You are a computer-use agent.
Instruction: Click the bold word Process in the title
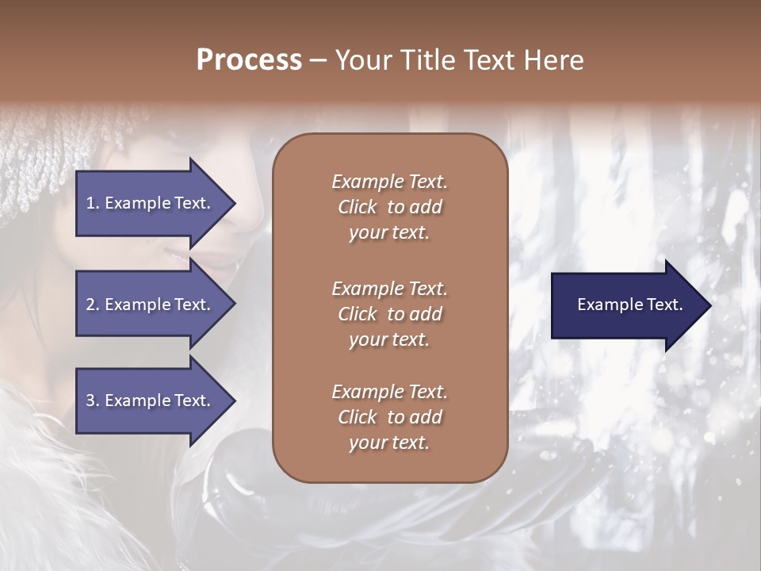pos(249,60)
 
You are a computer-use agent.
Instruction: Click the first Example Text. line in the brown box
pos(389,182)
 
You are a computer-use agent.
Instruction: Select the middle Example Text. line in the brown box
pos(389,289)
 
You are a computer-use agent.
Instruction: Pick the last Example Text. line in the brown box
pos(389,392)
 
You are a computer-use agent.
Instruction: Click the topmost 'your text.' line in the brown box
pos(389,233)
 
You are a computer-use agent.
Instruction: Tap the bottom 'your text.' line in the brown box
pos(389,443)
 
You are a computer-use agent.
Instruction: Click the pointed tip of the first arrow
pos(233,204)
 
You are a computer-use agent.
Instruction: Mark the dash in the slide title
pos(318,61)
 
